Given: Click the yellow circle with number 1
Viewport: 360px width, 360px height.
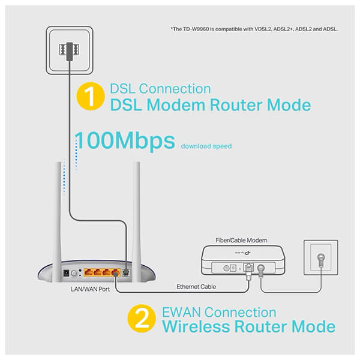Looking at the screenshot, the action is pyautogui.click(x=91, y=96).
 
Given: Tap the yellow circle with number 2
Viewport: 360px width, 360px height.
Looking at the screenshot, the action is pyautogui.click(x=142, y=319).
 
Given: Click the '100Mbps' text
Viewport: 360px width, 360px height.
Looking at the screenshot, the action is pyautogui.click(x=125, y=141).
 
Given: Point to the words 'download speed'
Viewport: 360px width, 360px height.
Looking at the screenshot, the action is pyautogui.click(x=206, y=146).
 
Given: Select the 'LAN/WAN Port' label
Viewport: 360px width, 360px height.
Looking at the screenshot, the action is pyautogui.click(x=90, y=289).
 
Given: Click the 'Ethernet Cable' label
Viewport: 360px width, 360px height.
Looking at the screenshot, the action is pyautogui.click(x=196, y=287).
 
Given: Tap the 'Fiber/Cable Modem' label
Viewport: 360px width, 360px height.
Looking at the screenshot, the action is pyautogui.click(x=241, y=241).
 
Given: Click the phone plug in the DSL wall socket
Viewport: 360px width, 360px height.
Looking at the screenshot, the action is pyautogui.click(x=70, y=51).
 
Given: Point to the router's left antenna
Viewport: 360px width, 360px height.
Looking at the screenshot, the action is pyautogui.click(x=58, y=221).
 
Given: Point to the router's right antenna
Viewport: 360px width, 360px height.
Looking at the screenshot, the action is pyautogui.click(x=136, y=221).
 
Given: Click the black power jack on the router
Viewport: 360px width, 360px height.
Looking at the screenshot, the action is pyautogui.click(x=67, y=273).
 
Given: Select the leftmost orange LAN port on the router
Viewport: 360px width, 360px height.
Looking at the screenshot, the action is pyautogui.click(x=88, y=272).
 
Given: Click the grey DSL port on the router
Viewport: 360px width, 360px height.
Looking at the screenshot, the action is pyautogui.click(x=125, y=272).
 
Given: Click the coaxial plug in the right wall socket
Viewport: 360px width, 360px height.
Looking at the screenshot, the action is pyautogui.click(x=321, y=259).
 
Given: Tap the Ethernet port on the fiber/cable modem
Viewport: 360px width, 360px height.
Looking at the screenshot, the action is pyautogui.click(x=248, y=268).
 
